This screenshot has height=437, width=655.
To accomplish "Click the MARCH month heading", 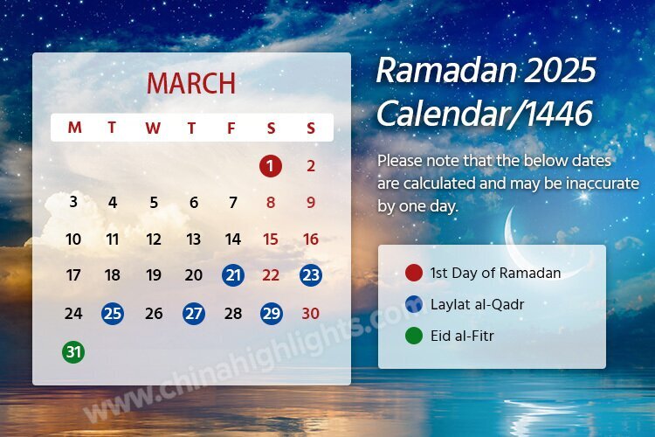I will pos(191,83).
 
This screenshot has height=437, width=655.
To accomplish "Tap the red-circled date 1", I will pos(271,166).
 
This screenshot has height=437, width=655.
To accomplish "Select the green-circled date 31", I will pos(73,352).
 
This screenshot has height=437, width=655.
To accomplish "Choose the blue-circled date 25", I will pos(113,314).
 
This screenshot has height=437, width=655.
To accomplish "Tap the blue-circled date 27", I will pos(193,314).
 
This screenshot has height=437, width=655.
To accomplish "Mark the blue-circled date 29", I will pos(271,314).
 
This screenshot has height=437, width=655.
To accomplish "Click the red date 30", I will pos(311,314).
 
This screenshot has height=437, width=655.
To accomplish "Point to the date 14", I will pos(232,239).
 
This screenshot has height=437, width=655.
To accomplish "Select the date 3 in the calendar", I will pos(73,203).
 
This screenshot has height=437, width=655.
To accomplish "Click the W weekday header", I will pos(153,128).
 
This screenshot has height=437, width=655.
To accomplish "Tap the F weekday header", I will pos(231,128).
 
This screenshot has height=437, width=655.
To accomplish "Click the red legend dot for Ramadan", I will pos(414,273).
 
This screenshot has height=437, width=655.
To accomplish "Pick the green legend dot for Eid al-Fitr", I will pos(414,336).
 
